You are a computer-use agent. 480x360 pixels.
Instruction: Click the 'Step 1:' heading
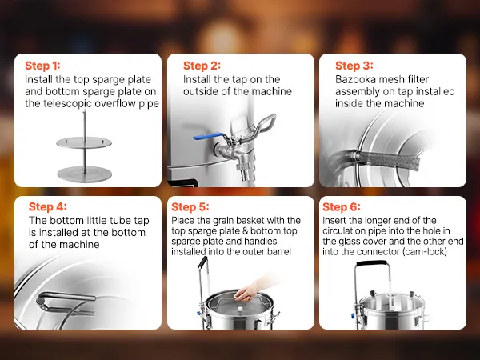click(42, 66)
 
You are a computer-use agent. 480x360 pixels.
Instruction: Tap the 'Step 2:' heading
click(202, 66)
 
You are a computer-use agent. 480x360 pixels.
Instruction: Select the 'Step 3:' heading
click(354, 66)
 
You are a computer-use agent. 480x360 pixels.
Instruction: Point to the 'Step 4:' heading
click(47, 206)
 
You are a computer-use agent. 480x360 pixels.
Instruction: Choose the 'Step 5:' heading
click(190, 206)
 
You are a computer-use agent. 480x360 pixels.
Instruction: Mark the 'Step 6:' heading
click(342, 206)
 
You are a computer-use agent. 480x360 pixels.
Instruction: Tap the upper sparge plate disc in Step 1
click(84, 142)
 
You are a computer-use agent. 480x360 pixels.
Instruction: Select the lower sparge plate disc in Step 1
click(84, 174)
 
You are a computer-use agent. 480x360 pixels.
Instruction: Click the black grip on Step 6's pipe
click(372, 263)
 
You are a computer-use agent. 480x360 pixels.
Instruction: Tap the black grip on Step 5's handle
click(203, 262)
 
